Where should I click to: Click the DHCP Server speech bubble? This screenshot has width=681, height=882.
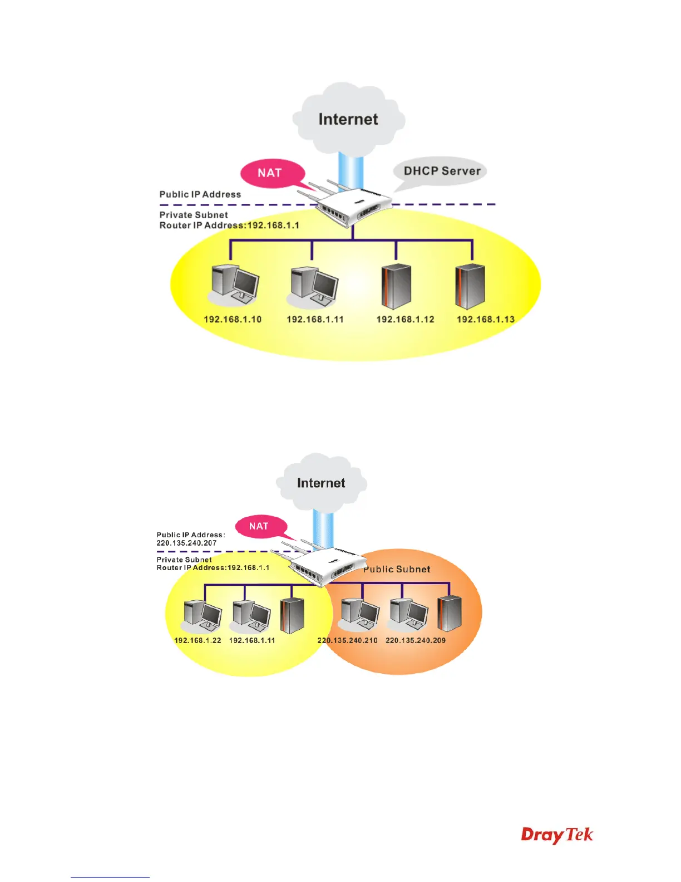[442, 171]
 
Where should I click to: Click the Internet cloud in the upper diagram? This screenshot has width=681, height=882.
[348, 119]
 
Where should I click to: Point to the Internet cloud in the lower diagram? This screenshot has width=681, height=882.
[321, 483]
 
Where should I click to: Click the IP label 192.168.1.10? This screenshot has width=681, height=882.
[233, 320]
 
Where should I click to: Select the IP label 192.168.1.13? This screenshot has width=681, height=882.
[486, 320]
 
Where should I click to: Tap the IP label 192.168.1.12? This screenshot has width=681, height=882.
[405, 320]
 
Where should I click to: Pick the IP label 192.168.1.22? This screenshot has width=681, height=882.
[198, 640]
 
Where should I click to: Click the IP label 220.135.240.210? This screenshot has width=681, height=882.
[347, 640]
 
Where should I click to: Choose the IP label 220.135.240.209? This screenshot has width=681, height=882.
[416, 640]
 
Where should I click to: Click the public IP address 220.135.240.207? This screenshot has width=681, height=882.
[186, 543]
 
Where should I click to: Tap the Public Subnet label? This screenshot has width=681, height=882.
[397, 569]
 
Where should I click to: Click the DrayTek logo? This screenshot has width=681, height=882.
[557, 835]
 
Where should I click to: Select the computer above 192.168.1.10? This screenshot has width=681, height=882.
[235, 284]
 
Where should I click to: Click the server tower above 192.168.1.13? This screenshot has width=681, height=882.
[470, 286]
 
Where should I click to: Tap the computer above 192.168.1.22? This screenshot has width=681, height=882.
[203, 615]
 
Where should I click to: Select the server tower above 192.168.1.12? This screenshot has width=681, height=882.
[396, 286]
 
